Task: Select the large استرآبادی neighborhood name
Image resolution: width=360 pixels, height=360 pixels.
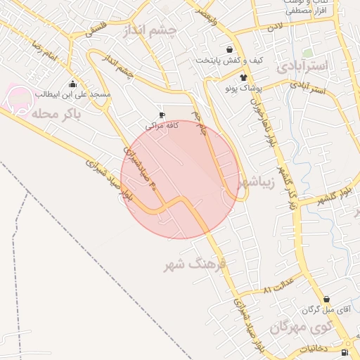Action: tap(302, 67)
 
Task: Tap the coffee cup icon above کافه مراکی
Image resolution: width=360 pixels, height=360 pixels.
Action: tap(162, 115)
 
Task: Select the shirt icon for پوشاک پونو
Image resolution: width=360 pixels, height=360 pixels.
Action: tap(244, 78)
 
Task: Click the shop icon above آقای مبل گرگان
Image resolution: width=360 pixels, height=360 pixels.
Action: tap(326, 299)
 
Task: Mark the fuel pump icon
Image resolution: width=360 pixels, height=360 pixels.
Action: tap(344, 352)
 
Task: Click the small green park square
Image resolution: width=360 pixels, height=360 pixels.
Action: tap(307, 53)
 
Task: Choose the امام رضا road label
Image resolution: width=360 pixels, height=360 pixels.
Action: tap(44, 52)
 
